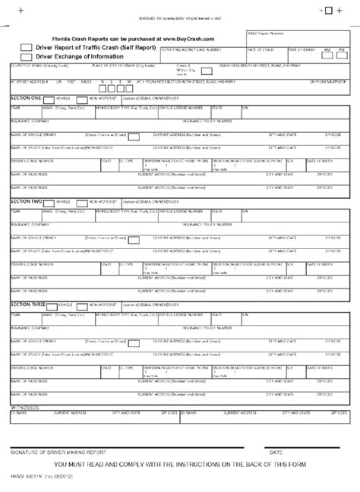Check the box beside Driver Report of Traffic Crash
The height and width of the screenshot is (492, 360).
[26, 47]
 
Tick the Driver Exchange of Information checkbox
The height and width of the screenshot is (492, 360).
[26, 56]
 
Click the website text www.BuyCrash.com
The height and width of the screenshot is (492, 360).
[185, 37]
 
